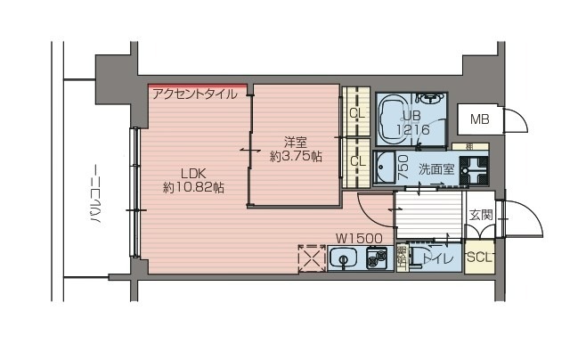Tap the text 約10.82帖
(193, 188)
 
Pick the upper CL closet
(356, 113)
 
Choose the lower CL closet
(356, 161)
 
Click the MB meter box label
(480, 119)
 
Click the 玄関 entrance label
(482, 215)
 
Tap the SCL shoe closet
(478, 258)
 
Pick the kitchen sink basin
(342, 259)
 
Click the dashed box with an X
(311, 258)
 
